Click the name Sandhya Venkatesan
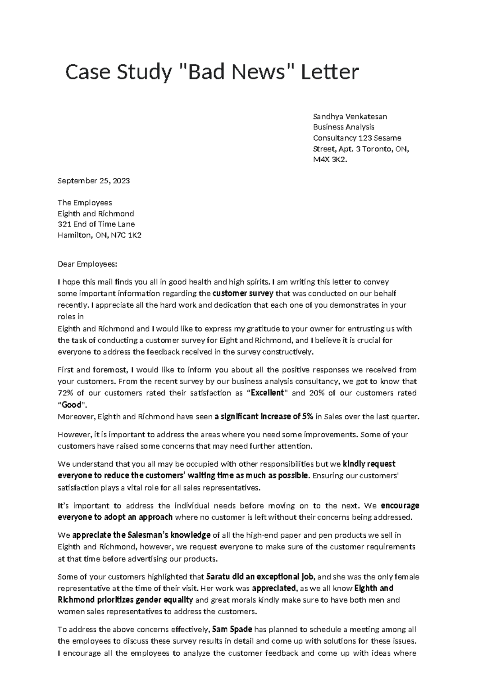click(x=350, y=116)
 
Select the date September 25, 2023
click(x=94, y=181)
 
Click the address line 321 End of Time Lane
click(x=96, y=224)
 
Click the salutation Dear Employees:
click(x=88, y=264)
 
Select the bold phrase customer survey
click(x=243, y=294)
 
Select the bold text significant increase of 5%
click(x=264, y=417)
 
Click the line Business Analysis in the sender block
click(x=343, y=127)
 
